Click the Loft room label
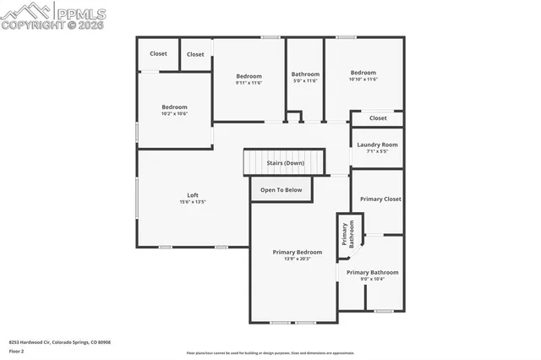[193, 195]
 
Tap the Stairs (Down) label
[285, 163]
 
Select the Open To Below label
[281, 190]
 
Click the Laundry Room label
[377, 145]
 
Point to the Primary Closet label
[380, 199]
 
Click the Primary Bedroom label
[297, 252]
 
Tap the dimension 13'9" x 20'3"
[297, 259]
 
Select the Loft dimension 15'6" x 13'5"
[193, 203]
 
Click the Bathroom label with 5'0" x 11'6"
[305, 74]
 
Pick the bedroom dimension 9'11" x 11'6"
[249, 83]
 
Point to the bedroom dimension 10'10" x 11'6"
[363, 79]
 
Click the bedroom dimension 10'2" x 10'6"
[174, 113]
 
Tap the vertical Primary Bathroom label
[347, 233]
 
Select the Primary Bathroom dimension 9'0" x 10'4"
[371, 279]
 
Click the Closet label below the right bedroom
[378, 118]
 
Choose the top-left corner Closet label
[158, 53]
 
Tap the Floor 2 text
[17, 350]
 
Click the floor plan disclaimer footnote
[270, 353]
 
